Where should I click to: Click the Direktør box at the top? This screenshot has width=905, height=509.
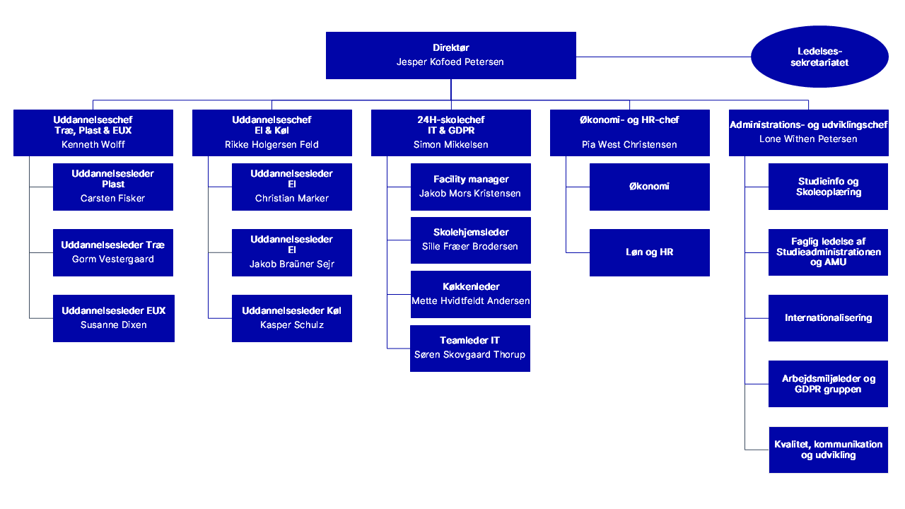pos(450,55)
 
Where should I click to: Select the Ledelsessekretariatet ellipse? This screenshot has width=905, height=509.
pos(819,57)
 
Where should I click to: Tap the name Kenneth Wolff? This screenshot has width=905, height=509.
pos(93,144)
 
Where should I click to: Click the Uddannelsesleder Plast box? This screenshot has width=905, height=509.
pos(113,187)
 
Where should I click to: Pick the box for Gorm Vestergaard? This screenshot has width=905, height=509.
pos(113,252)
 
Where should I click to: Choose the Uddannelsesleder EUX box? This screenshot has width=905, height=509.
pos(113,318)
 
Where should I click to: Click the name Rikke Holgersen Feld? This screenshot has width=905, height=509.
pos(271,144)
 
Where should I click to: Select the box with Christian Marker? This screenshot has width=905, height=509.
pos(292,187)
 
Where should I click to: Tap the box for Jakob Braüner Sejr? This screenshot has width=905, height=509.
pos(292,252)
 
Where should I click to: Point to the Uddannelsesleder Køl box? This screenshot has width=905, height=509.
pos(292,318)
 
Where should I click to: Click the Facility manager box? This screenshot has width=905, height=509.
pos(470,187)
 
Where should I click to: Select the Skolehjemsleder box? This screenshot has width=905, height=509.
pos(470,240)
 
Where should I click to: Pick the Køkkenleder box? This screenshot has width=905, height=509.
pos(470,294)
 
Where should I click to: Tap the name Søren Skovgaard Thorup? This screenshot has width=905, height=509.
pos(470,355)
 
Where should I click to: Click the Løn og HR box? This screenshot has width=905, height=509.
pos(649,252)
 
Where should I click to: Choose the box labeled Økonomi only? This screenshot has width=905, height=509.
pos(649,187)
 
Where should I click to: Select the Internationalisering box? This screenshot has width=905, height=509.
pos(828,318)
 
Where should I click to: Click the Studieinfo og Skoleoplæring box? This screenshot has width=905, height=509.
pos(828,187)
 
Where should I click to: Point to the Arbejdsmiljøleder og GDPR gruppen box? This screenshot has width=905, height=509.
pos(828,384)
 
